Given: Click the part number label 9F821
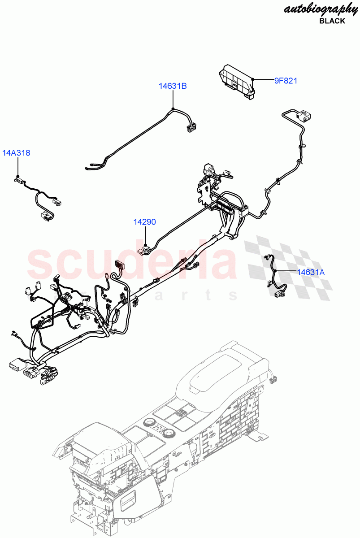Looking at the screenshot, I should (x=286, y=81).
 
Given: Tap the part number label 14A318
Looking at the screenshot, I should (x=17, y=153).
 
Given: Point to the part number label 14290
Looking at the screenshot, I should (x=144, y=221).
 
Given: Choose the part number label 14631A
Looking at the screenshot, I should (x=310, y=272).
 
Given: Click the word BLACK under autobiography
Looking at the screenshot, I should (x=332, y=21).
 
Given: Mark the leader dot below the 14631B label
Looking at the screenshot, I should (x=173, y=109).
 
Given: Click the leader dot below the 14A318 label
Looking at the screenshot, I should (x=17, y=174).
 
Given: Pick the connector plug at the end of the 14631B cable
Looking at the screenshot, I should (x=191, y=128).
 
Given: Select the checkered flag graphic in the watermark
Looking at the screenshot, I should (x=287, y=269).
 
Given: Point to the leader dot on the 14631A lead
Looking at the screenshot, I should (x=275, y=271).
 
